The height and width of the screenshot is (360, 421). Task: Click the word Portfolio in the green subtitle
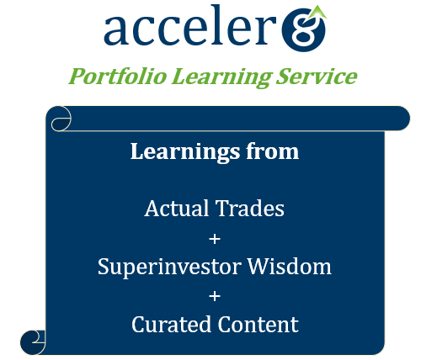pos(118,77)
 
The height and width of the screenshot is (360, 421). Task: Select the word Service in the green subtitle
pos(317,77)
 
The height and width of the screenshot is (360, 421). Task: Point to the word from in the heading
pos(272,151)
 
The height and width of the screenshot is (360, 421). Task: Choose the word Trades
pos(250,209)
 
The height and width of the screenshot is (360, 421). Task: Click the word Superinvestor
pos(169,267)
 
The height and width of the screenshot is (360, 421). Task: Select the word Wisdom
pos(289,266)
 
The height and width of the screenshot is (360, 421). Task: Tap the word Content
pos(258,324)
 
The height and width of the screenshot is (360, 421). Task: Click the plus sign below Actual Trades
pos(215,239)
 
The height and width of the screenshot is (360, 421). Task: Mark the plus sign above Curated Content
pos(215,296)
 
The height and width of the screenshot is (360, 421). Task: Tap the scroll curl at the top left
pos(61,119)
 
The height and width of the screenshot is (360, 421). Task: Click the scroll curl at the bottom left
pos(33,342)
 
